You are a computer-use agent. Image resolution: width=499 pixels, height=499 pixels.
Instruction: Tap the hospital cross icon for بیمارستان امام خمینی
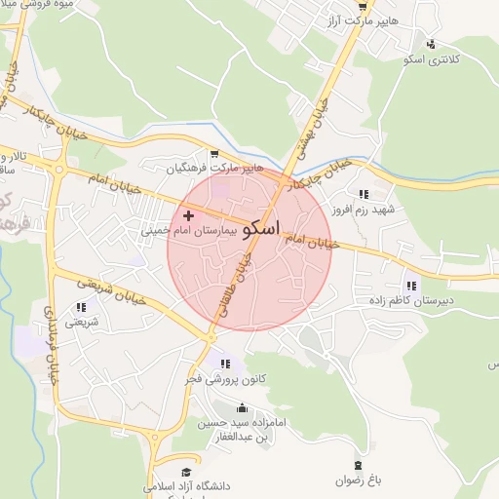click(x=188, y=213)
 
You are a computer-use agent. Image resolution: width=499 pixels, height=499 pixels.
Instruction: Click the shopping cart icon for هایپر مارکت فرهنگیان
click(x=214, y=152)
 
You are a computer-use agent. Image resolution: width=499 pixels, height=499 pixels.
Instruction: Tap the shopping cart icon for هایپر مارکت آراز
click(x=362, y=6)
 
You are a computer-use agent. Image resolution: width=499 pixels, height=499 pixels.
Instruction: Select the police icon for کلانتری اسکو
click(x=431, y=43)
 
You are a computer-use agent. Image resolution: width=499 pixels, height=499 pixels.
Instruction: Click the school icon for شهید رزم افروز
click(x=364, y=194)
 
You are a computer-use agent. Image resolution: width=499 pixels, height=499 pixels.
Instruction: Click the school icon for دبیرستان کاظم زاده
click(x=410, y=286)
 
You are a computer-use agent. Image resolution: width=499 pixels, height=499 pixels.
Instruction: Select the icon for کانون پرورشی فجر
click(x=227, y=364)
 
